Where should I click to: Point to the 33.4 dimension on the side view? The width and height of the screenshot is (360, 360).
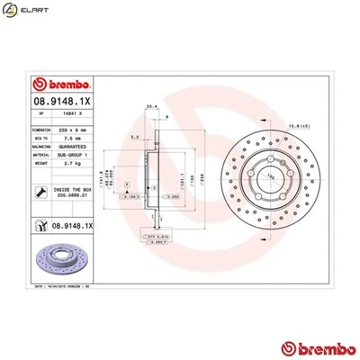[150, 105]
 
